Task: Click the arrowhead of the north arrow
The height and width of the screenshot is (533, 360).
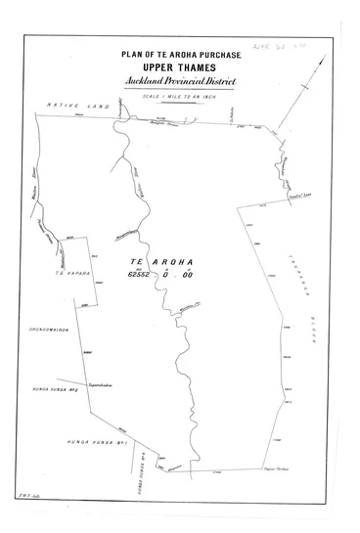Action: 322,55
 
